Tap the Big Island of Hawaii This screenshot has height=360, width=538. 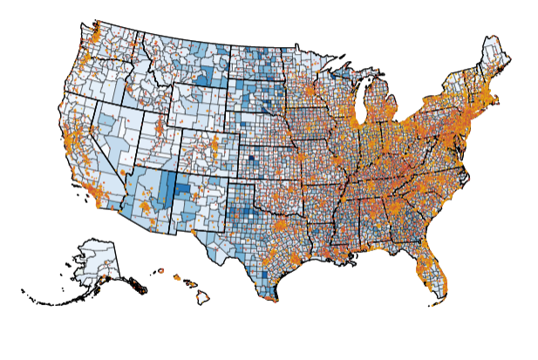coord(202,297)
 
